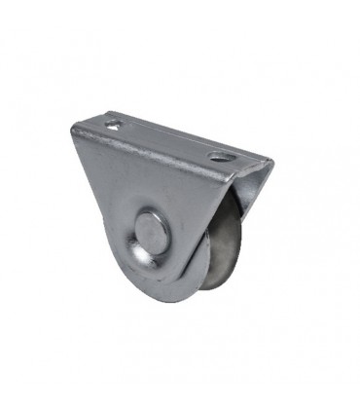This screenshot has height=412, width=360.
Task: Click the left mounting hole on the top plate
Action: click(x=115, y=125)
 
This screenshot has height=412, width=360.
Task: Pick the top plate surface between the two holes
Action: click(x=165, y=139)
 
